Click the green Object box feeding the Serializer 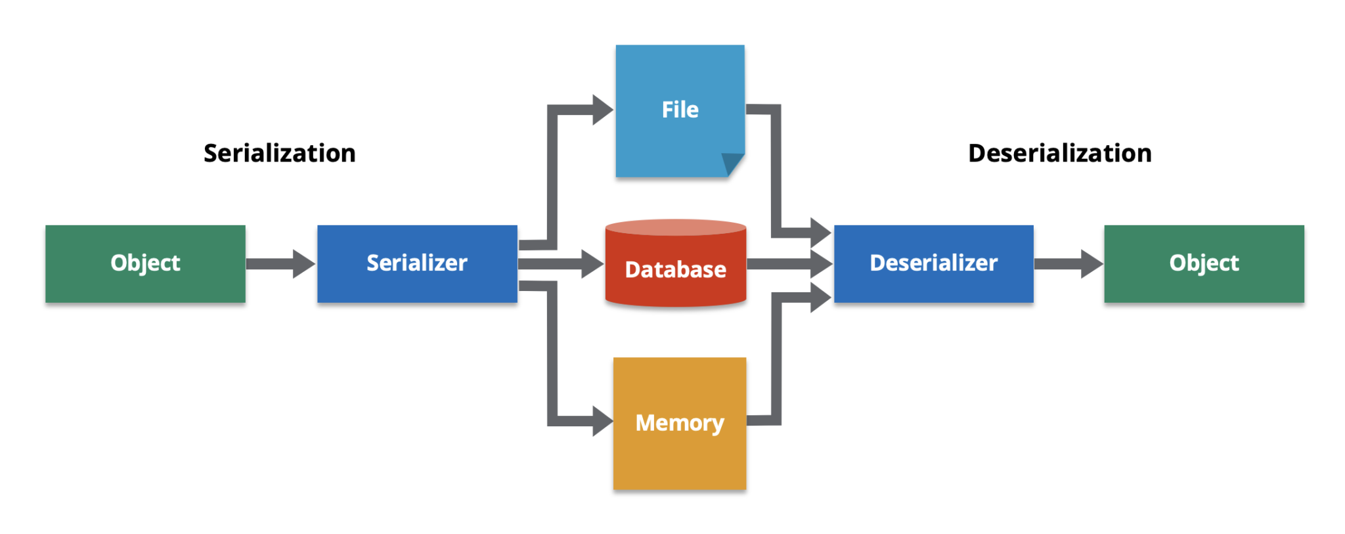tap(145, 263)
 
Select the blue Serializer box tap(417, 263)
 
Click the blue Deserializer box tap(933, 263)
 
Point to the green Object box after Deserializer tap(1204, 263)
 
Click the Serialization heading tap(280, 153)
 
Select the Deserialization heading tap(1059, 153)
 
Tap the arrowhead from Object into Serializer tap(303, 263)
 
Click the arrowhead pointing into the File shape tap(602, 110)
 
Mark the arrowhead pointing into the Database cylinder tap(592, 264)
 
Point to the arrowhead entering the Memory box tap(602, 421)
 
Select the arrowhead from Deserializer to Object tap(1091, 263)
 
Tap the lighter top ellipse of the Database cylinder tap(676, 227)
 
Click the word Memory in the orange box tap(680, 423)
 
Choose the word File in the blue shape tap(680, 110)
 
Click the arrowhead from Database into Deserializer tap(822, 264)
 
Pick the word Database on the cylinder tap(676, 269)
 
